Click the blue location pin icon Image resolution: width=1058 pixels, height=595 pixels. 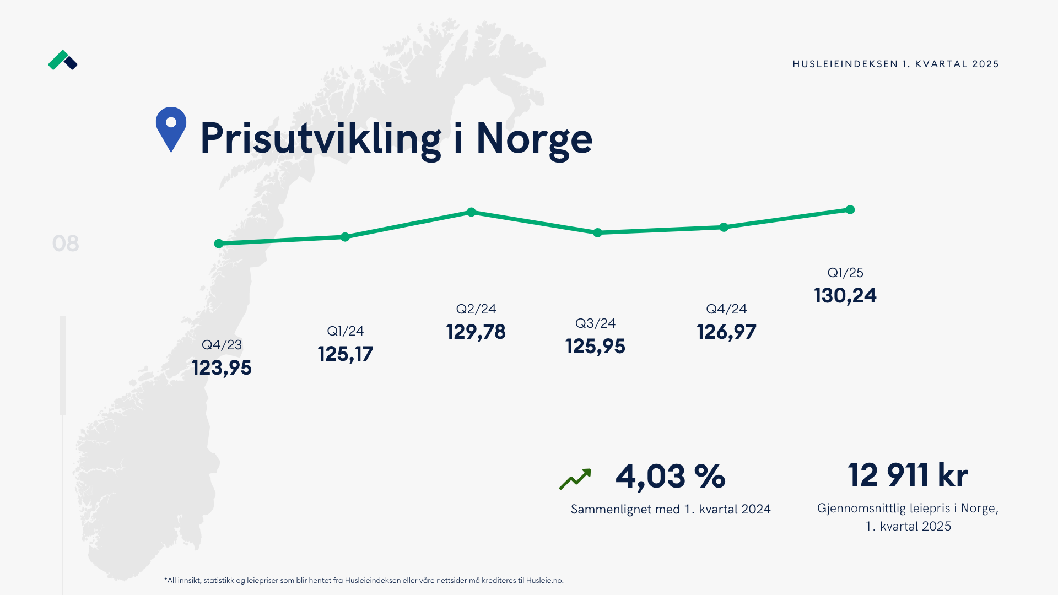[x=171, y=128]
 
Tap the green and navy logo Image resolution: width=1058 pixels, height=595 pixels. [x=63, y=60]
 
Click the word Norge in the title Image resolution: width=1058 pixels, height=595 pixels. [x=534, y=138]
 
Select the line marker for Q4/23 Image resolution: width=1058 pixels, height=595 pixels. [x=219, y=244]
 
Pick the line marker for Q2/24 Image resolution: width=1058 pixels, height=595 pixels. [x=471, y=212]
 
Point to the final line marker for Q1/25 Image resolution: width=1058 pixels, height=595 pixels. [x=850, y=210]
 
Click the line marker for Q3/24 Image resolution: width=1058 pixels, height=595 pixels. [x=597, y=233]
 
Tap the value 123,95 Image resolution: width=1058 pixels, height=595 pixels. [x=222, y=367]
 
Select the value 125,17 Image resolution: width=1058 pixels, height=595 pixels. [x=346, y=354]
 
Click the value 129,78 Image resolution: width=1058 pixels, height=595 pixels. [x=476, y=332]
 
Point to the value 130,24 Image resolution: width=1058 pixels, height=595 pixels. [x=845, y=296]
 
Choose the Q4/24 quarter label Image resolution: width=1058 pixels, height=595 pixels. [x=726, y=309]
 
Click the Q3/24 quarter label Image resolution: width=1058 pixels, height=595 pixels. [x=595, y=323]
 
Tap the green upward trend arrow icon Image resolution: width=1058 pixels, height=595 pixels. [x=575, y=479]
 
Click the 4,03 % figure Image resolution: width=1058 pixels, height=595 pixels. [x=670, y=477]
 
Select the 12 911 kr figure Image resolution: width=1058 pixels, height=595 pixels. [x=908, y=475]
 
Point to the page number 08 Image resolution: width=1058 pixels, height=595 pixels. [x=66, y=244]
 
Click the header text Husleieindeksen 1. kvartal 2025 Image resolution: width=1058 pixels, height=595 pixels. [x=895, y=64]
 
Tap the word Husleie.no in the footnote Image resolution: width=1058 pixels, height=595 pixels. [x=544, y=580]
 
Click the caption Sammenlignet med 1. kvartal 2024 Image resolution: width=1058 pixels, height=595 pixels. [x=670, y=509]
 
